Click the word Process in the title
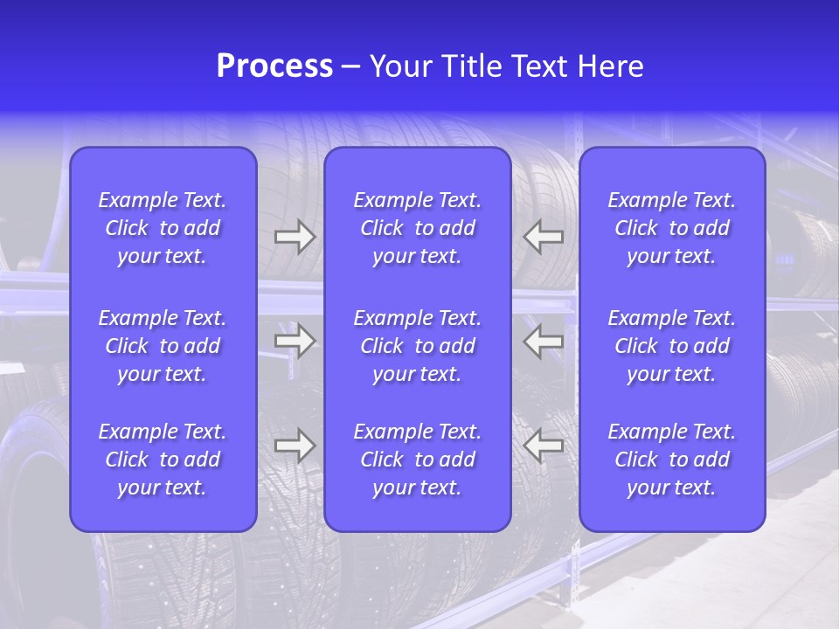coord(274,66)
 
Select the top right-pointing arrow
coord(295,237)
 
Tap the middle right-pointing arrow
coord(295,341)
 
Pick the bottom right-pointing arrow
coord(295,446)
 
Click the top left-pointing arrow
coord(544,237)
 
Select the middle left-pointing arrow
coord(544,341)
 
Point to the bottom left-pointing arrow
coord(544,446)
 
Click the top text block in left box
coord(163,228)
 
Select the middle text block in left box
coord(163,346)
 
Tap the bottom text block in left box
coord(163,460)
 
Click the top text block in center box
coord(417,228)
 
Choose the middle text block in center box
coord(417,346)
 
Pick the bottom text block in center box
coord(417,460)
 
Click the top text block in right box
coord(671,228)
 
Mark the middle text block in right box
coord(671,346)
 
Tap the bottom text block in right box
coord(671,460)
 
